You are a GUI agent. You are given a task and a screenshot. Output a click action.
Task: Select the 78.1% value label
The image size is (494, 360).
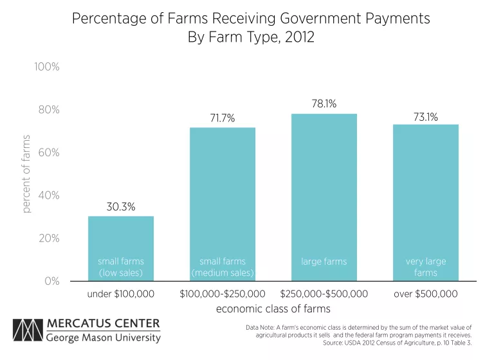[324, 104]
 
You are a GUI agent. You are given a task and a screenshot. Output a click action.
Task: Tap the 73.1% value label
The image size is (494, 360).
[426, 116]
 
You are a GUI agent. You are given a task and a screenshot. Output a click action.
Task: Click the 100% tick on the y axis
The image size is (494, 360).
[47, 67]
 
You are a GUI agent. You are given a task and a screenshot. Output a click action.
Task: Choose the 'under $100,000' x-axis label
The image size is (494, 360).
[121, 294]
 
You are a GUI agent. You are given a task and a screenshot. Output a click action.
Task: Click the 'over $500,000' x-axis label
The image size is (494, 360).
[426, 294]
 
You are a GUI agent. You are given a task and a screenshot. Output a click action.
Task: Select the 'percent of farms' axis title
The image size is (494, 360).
[26, 174]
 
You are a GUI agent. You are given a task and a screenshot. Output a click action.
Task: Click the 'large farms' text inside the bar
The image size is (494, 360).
[324, 262]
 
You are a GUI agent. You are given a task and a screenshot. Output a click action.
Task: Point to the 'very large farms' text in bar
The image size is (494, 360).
[426, 267]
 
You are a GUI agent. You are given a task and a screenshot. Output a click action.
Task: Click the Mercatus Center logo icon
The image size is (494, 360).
[28, 330]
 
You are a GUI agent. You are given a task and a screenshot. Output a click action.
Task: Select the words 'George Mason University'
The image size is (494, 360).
[104, 337]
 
